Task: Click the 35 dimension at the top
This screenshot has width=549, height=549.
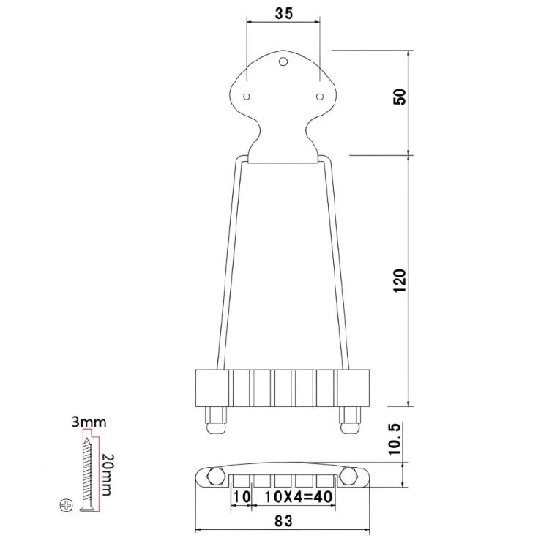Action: [283, 13]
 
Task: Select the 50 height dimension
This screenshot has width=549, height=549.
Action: [400, 96]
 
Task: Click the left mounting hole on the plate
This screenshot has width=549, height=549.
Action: [247, 96]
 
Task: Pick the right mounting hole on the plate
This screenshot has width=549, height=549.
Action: [319, 96]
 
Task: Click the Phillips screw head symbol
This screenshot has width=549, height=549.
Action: [68, 504]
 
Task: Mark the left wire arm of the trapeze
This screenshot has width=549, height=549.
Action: [228, 264]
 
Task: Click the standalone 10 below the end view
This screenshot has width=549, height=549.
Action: [242, 497]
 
